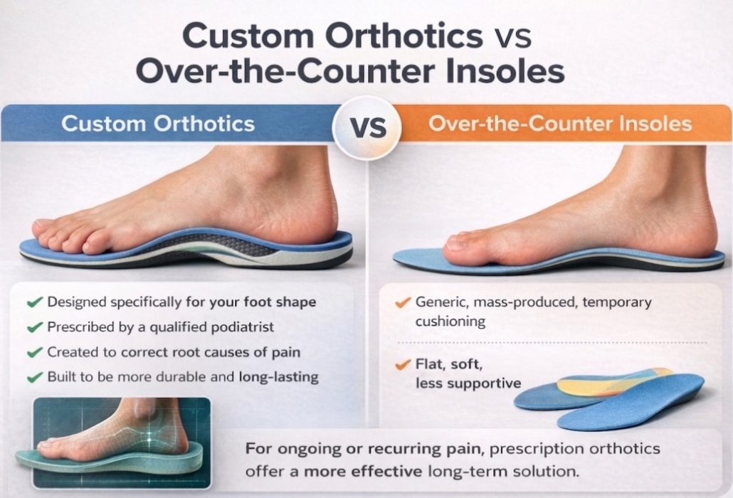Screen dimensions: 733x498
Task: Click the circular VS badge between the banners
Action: tap(367, 127)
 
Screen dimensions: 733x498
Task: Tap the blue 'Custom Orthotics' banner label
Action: tap(158, 124)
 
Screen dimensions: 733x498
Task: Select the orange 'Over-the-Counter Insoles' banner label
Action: tap(560, 124)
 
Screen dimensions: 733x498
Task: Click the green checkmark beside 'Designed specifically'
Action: tap(35, 302)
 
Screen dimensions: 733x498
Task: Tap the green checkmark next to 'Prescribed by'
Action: tap(35, 327)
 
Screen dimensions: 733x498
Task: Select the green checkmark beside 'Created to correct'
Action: tap(35, 353)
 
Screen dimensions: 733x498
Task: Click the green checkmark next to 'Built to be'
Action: tap(35, 378)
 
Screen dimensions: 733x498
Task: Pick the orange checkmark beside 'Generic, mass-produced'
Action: tap(403, 303)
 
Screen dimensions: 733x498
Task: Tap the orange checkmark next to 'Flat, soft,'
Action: tap(403, 364)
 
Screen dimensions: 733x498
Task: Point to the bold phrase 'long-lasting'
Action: tap(279, 377)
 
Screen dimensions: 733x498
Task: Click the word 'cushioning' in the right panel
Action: tap(450, 322)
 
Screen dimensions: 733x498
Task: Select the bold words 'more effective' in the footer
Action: tap(363, 472)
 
